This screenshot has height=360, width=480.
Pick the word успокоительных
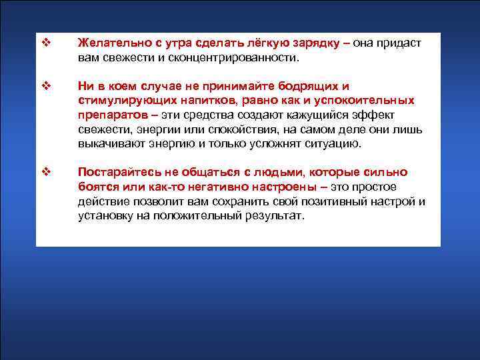[x=364, y=101]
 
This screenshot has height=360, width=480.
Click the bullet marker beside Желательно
[x=46, y=43]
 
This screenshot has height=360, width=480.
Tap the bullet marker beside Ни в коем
[x=46, y=87]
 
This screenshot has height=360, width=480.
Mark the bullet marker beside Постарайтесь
[x=46, y=173]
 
